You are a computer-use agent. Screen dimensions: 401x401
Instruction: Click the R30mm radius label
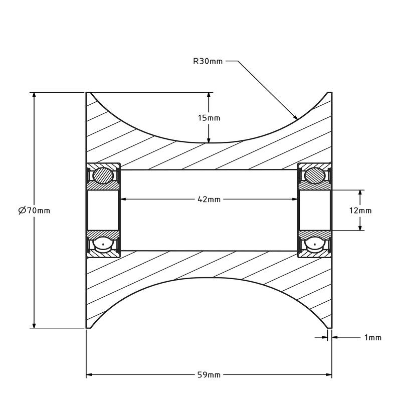[x=208, y=62]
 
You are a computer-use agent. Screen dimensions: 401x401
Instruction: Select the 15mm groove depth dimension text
[x=209, y=118]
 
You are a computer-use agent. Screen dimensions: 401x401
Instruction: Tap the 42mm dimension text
[x=209, y=199]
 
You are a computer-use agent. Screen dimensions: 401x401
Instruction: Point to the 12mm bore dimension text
[x=360, y=211]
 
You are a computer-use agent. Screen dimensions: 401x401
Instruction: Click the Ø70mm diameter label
[x=34, y=211]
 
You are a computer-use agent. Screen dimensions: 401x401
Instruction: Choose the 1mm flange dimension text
[x=372, y=337]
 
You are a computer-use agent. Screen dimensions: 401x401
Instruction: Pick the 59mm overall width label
[x=209, y=375]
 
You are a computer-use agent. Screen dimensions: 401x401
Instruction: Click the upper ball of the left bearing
[x=104, y=176]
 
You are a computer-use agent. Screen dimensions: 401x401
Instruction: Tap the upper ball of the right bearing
[x=315, y=176]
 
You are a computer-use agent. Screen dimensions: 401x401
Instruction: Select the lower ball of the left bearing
[x=104, y=245]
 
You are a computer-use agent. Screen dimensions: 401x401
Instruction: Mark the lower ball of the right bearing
[x=315, y=245]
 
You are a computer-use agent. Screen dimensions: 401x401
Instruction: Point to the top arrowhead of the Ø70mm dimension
[x=34, y=96]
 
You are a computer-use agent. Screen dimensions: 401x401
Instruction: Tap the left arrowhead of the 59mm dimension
[x=90, y=375]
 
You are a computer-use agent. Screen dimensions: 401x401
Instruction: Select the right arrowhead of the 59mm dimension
[x=329, y=375]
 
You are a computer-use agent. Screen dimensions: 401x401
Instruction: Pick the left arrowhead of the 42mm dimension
[x=123, y=199]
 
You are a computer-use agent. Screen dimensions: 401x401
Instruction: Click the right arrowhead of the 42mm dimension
[x=295, y=199]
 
